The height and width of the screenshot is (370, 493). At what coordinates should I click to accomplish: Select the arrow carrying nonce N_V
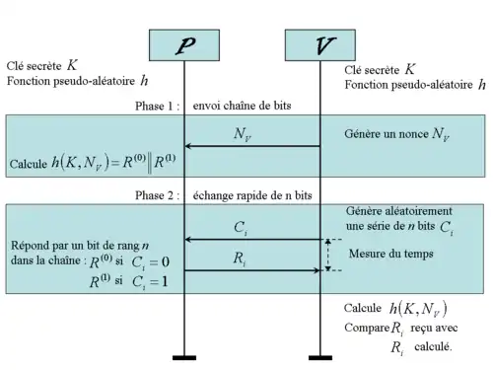(252, 146)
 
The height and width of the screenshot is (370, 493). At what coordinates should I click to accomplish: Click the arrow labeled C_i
(252, 240)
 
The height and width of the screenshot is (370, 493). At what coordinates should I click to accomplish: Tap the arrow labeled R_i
(252, 270)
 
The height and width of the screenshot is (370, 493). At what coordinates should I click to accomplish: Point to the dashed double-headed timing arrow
(327, 255)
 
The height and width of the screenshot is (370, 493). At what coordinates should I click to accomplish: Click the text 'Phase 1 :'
(158, 106)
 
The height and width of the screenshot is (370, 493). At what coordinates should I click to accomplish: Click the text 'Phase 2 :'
(158, 195)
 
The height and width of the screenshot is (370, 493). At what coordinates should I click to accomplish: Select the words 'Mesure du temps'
(391, 254)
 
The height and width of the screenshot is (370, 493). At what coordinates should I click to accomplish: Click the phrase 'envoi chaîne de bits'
(242, 106)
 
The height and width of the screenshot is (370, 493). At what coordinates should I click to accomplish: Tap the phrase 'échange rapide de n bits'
(252, 195)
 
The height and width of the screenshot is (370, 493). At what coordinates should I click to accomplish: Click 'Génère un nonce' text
(387, 134)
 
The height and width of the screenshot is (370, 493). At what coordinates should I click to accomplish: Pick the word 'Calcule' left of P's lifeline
(29, 164)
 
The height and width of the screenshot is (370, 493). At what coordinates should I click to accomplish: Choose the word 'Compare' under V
(367, 328)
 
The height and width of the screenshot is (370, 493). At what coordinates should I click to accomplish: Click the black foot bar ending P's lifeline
(184, 357)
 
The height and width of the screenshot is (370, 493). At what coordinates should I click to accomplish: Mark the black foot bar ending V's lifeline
(320, 357)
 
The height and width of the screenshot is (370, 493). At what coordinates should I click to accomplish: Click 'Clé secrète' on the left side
(34, 66)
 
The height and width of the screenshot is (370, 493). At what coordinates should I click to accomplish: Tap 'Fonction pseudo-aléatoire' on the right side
(408, 85)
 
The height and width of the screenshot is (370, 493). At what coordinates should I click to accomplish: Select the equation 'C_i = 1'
(150, 282)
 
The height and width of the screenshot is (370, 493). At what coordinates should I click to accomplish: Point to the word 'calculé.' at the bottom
(433, 346)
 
